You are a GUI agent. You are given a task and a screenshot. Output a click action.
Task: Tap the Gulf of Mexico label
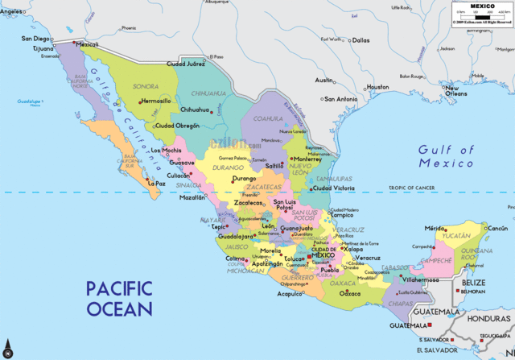446,156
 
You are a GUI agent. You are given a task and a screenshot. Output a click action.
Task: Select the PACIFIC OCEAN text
120,297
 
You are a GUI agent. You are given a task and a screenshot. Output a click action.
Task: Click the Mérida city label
435,229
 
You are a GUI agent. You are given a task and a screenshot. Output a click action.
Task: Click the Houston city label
377,87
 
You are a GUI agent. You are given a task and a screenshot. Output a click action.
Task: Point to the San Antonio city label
340,99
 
